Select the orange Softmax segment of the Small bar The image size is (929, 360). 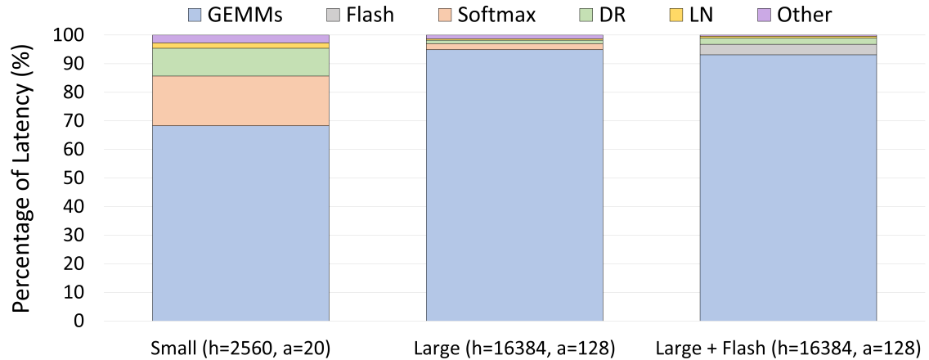point(240,101)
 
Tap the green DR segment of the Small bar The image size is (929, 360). point(240,62)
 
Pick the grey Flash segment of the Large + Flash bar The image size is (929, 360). point(788,49)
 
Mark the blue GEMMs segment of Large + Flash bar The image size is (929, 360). point(788,187)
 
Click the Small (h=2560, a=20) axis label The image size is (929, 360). point(240,347)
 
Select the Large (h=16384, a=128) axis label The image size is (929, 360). point(514,347)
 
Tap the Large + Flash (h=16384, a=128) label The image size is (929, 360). point(788,347)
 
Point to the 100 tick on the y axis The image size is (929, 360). point(68,35)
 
